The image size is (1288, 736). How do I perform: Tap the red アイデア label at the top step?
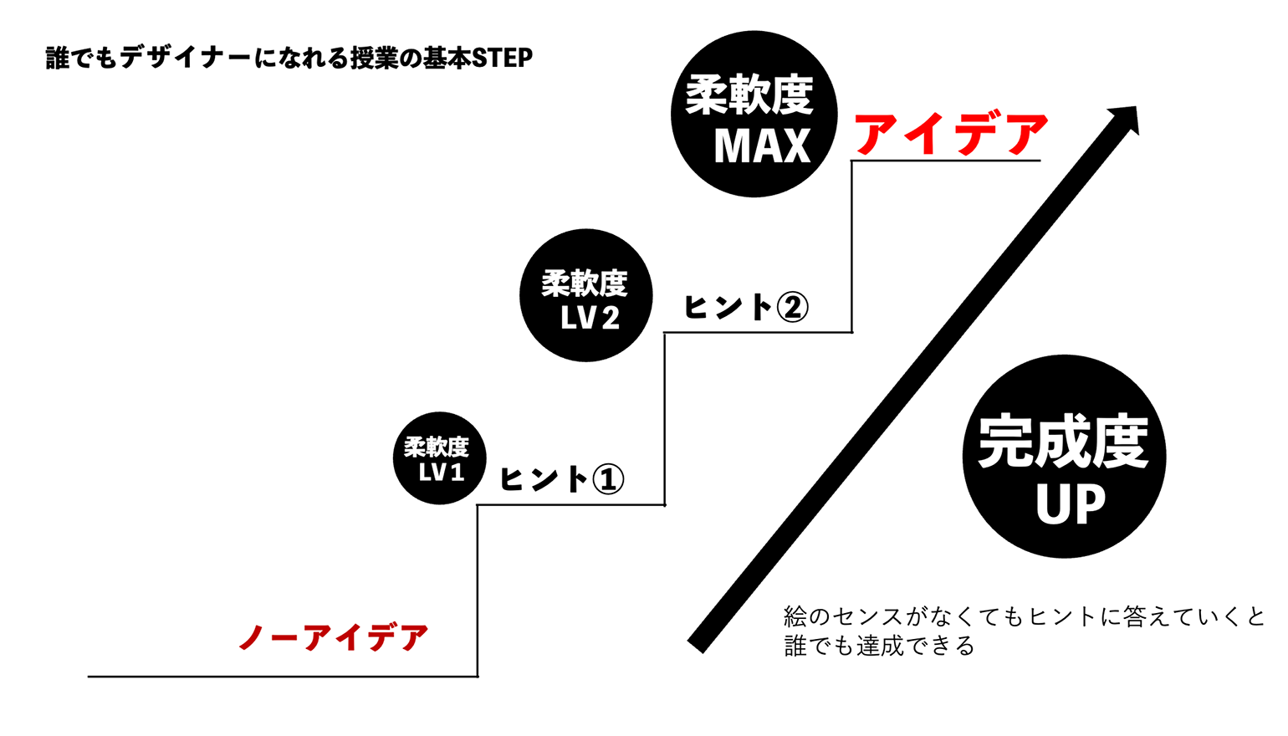(x=951, y=134)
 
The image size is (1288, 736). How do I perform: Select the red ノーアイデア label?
(x=334, y=637)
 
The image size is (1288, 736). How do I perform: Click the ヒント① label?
(x=562, y=479)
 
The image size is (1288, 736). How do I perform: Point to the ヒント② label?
(x=746, y=306)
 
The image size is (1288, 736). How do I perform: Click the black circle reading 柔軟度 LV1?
(x=440, y=458)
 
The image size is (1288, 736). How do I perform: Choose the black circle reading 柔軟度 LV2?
(x=586, y=295)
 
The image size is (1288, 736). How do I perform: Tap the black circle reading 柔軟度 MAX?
(x=754, y=114)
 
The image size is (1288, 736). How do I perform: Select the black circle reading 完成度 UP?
(x=1065, y=456)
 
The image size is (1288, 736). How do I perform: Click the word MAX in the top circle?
(x=762, y=146)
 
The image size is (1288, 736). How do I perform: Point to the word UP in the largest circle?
(x=1070, y=503)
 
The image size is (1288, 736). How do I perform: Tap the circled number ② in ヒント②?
(x=792, y=307)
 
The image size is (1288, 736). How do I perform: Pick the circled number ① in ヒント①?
(x=608, y=479)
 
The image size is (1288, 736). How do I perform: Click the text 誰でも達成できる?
(x=879, y=646)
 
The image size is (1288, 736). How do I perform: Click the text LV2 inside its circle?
(x=590, y=318)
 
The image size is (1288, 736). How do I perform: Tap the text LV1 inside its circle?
(x=441, y=472)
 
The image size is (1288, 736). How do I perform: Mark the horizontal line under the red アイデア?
(x=946, y=161)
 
